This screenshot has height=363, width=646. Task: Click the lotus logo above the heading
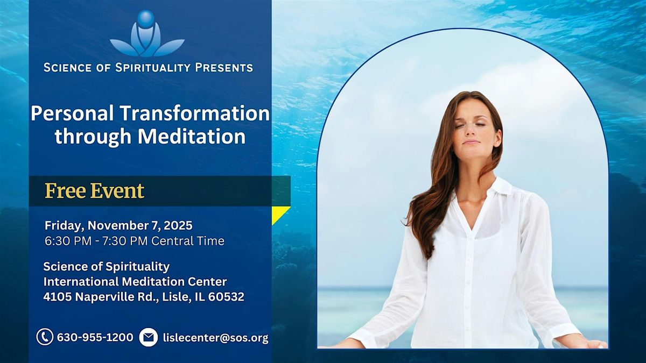(147, 35)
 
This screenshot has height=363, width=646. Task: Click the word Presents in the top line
(223, 68)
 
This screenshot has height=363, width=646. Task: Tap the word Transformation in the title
(195, 113)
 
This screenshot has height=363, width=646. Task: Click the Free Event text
(94, 191)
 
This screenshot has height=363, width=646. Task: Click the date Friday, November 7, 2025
(118, 225)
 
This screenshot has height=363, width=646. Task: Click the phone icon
(44, 337)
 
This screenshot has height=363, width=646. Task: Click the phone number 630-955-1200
(95, 338)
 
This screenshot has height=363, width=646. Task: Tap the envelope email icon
(149, 337)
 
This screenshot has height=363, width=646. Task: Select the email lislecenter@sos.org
(215, 338)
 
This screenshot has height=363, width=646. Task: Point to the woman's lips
(469, 143)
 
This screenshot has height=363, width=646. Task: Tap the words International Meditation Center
(135, 282)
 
